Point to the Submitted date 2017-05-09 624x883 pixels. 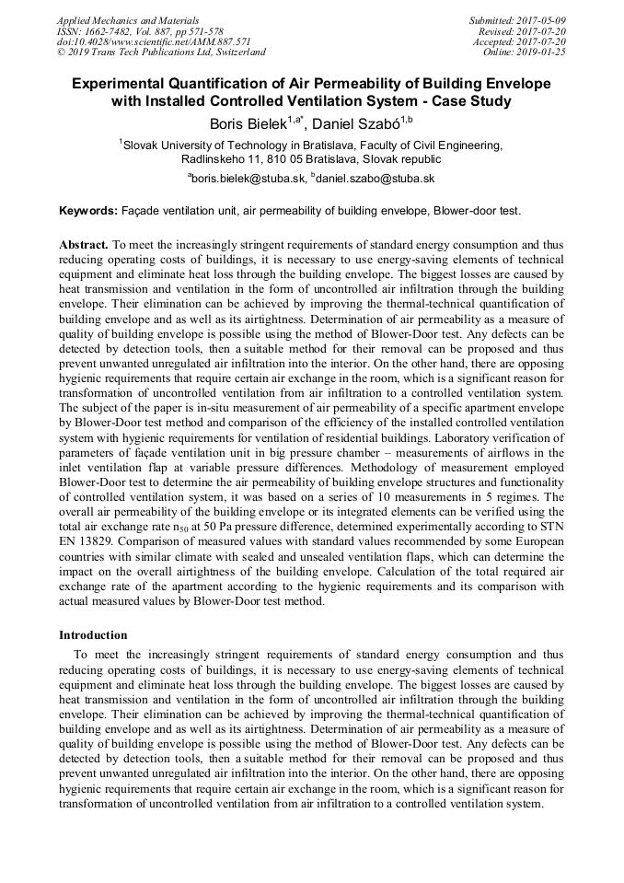point(541,20)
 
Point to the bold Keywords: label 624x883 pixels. point(88,211)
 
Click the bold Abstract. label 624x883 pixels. point(84,246)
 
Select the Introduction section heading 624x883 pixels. point(93,635)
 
